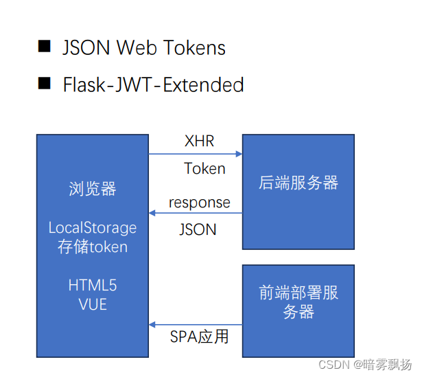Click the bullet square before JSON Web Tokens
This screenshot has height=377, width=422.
[44, 47]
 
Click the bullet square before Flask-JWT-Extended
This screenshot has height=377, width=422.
[44, 84]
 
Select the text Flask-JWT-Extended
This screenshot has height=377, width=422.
[153, 84]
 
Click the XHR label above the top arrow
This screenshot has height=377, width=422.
[199, 141]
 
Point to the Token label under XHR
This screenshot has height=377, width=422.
[204, 168]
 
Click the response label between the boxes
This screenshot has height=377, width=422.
[199, 203]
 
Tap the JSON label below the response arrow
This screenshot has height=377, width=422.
[198, 229]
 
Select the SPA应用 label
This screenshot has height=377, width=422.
[199, 336]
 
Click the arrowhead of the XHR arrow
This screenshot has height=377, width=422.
[239, 155]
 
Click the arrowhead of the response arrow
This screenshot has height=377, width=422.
[153, 214]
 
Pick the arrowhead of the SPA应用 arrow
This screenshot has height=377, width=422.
[153, 324]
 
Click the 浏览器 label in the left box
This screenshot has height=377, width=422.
[93, 189]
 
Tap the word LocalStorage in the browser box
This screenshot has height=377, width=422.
[93, 227]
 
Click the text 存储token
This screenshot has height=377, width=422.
[93, 247]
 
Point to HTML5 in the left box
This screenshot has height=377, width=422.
[93, 285]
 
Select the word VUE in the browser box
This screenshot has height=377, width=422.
[93, 304]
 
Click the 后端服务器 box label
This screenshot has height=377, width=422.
[298, 183]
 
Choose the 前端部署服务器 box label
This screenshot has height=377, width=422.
[298, 301]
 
